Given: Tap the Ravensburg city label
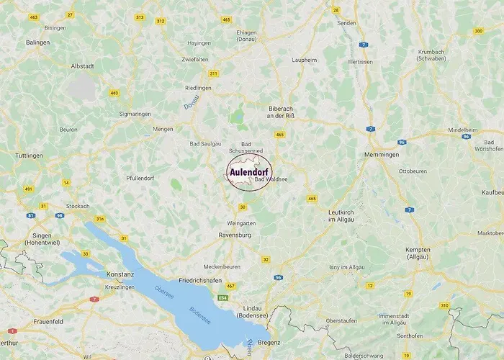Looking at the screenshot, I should click(x=235, y=235).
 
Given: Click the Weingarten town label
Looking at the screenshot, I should click(x=242, y=223).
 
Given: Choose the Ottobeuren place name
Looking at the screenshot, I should click(x=413, y=171).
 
